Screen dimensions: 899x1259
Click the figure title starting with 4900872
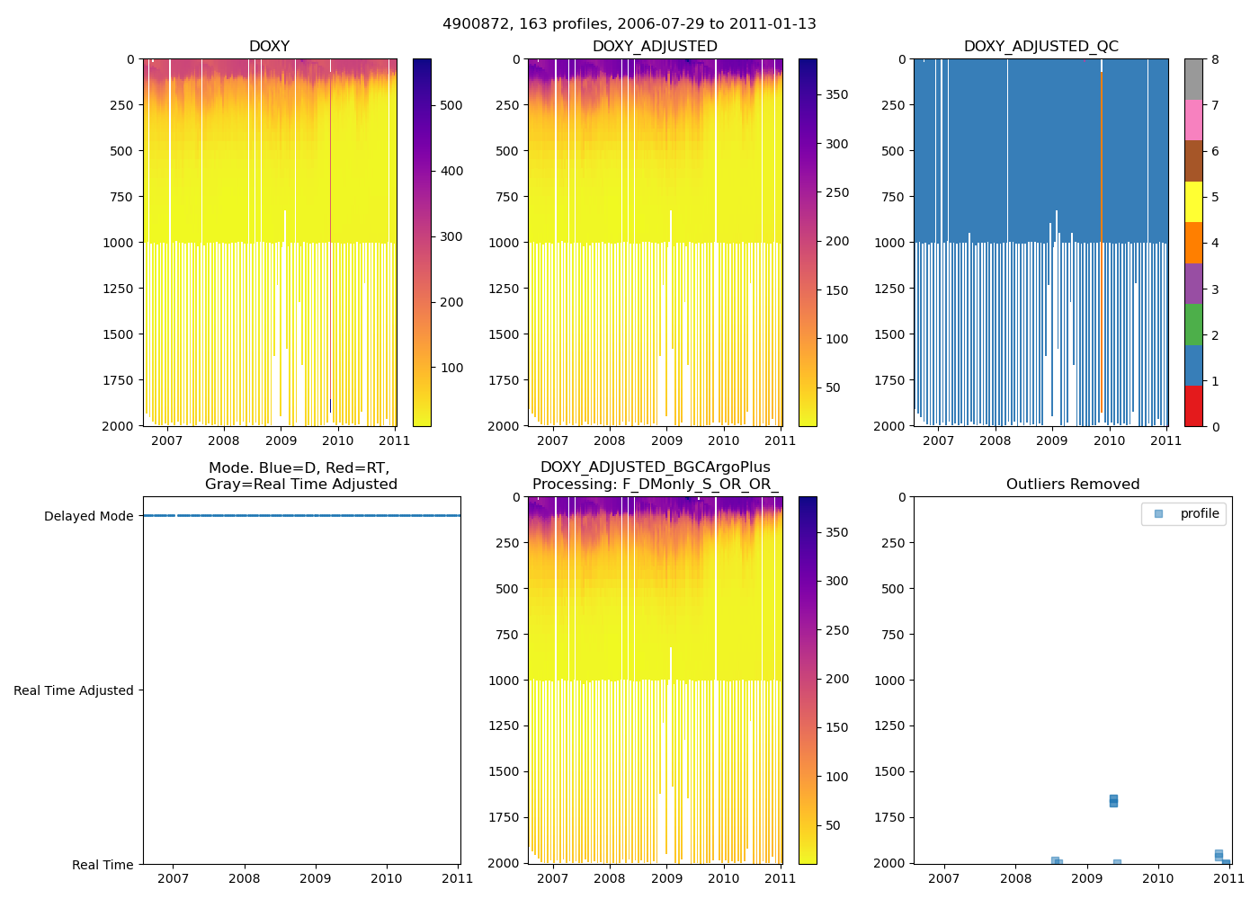click(629, 24)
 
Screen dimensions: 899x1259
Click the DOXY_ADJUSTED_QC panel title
click(1040, 47)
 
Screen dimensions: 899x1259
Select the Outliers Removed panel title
click(1072, 485)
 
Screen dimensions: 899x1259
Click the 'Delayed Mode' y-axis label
click(88, 516)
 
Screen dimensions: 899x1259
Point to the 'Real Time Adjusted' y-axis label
click(73, 690)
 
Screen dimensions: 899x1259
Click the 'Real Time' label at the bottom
click(103, 865)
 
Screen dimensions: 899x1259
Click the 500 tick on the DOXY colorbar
click(451, 105)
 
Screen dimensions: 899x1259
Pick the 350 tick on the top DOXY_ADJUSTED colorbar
click(836, 94)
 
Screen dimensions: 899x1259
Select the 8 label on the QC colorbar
click(1215, 59)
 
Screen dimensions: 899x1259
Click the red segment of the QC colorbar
click(1193, 405)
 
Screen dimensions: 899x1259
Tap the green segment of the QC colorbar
click(1193, 325)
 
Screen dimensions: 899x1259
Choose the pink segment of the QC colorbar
click(1193, 120)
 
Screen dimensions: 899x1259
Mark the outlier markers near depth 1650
click(1113, 800)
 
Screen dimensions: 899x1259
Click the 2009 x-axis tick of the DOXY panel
click(281, 441)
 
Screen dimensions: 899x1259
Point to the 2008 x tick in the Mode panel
click(244, 878)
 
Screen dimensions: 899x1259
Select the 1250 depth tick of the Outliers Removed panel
click(889, 725)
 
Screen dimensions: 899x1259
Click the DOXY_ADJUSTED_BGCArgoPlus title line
click(655, 467)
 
